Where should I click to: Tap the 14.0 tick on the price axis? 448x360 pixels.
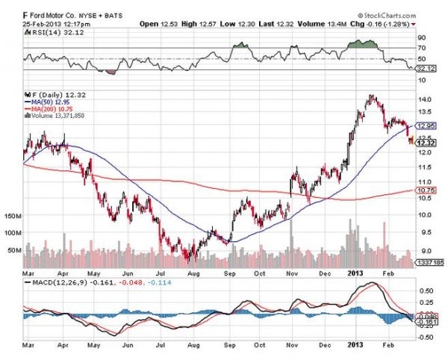point(425,99)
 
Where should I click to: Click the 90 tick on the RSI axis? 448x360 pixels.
point(422,37)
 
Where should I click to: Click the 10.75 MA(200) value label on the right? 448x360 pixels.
point(426,190)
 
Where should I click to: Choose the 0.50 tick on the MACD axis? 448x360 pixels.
point(425,290)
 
